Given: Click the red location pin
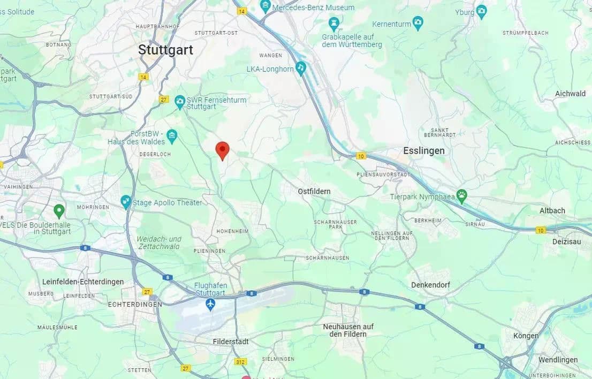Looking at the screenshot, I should click(222, 150).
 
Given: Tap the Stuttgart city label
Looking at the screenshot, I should click(165, 50).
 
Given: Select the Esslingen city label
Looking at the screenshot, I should click(424, 151).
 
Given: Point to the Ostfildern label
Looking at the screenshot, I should click(314, 191).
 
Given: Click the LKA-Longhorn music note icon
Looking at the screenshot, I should click(301, 68).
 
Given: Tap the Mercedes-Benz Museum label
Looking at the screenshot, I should click(313, 7).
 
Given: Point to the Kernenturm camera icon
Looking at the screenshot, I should click(418, 23).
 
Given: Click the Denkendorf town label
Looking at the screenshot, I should click(430, 285).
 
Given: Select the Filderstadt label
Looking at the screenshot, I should click(231, 342).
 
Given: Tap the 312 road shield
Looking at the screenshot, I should click(240, 362).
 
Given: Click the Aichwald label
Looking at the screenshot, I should click(570, 94).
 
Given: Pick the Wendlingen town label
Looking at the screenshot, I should click(558, 360).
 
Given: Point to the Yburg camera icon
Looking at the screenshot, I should click(481, 11).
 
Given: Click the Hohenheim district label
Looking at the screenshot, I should click(231, 231).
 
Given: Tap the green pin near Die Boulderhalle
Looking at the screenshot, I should click(59, 210).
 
